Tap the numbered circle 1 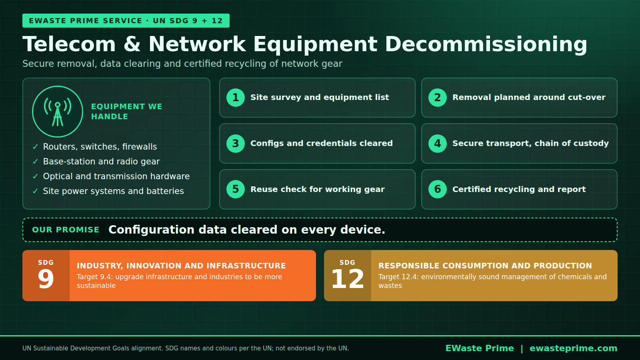pyautogui.click(x=236, y=98)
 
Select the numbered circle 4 pyautogui.click(x=438, y=144)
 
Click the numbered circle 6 pyautogui.click(x=438, y=189)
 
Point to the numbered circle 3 pyautogui.click(x=236, y=144)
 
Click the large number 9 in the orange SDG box pyautogui.click(x=46, y=279)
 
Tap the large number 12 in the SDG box pyautogui.click(x=348, y=279)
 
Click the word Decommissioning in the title pyautogui.click(x=486, y=44)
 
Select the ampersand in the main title pyautogui.click(x=132, y=44)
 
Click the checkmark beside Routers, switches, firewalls pyautogui.click(x=36, y=147)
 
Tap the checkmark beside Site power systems pyautogui.click(x=36, y=191)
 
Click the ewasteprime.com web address pyautogui.click(x=574, y=348)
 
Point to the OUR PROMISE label pyautogui.click(x=66, y=230)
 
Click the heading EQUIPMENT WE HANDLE pyautogui.click(x=126, y=112)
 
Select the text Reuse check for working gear pyautogui.click(x=318, y=189)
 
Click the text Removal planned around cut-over pyautogui.click(x=529, y=97)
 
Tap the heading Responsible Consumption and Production pyautogui.click(x=485, y=266)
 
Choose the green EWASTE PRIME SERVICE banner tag pyautogui.click(x=126, y=20)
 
